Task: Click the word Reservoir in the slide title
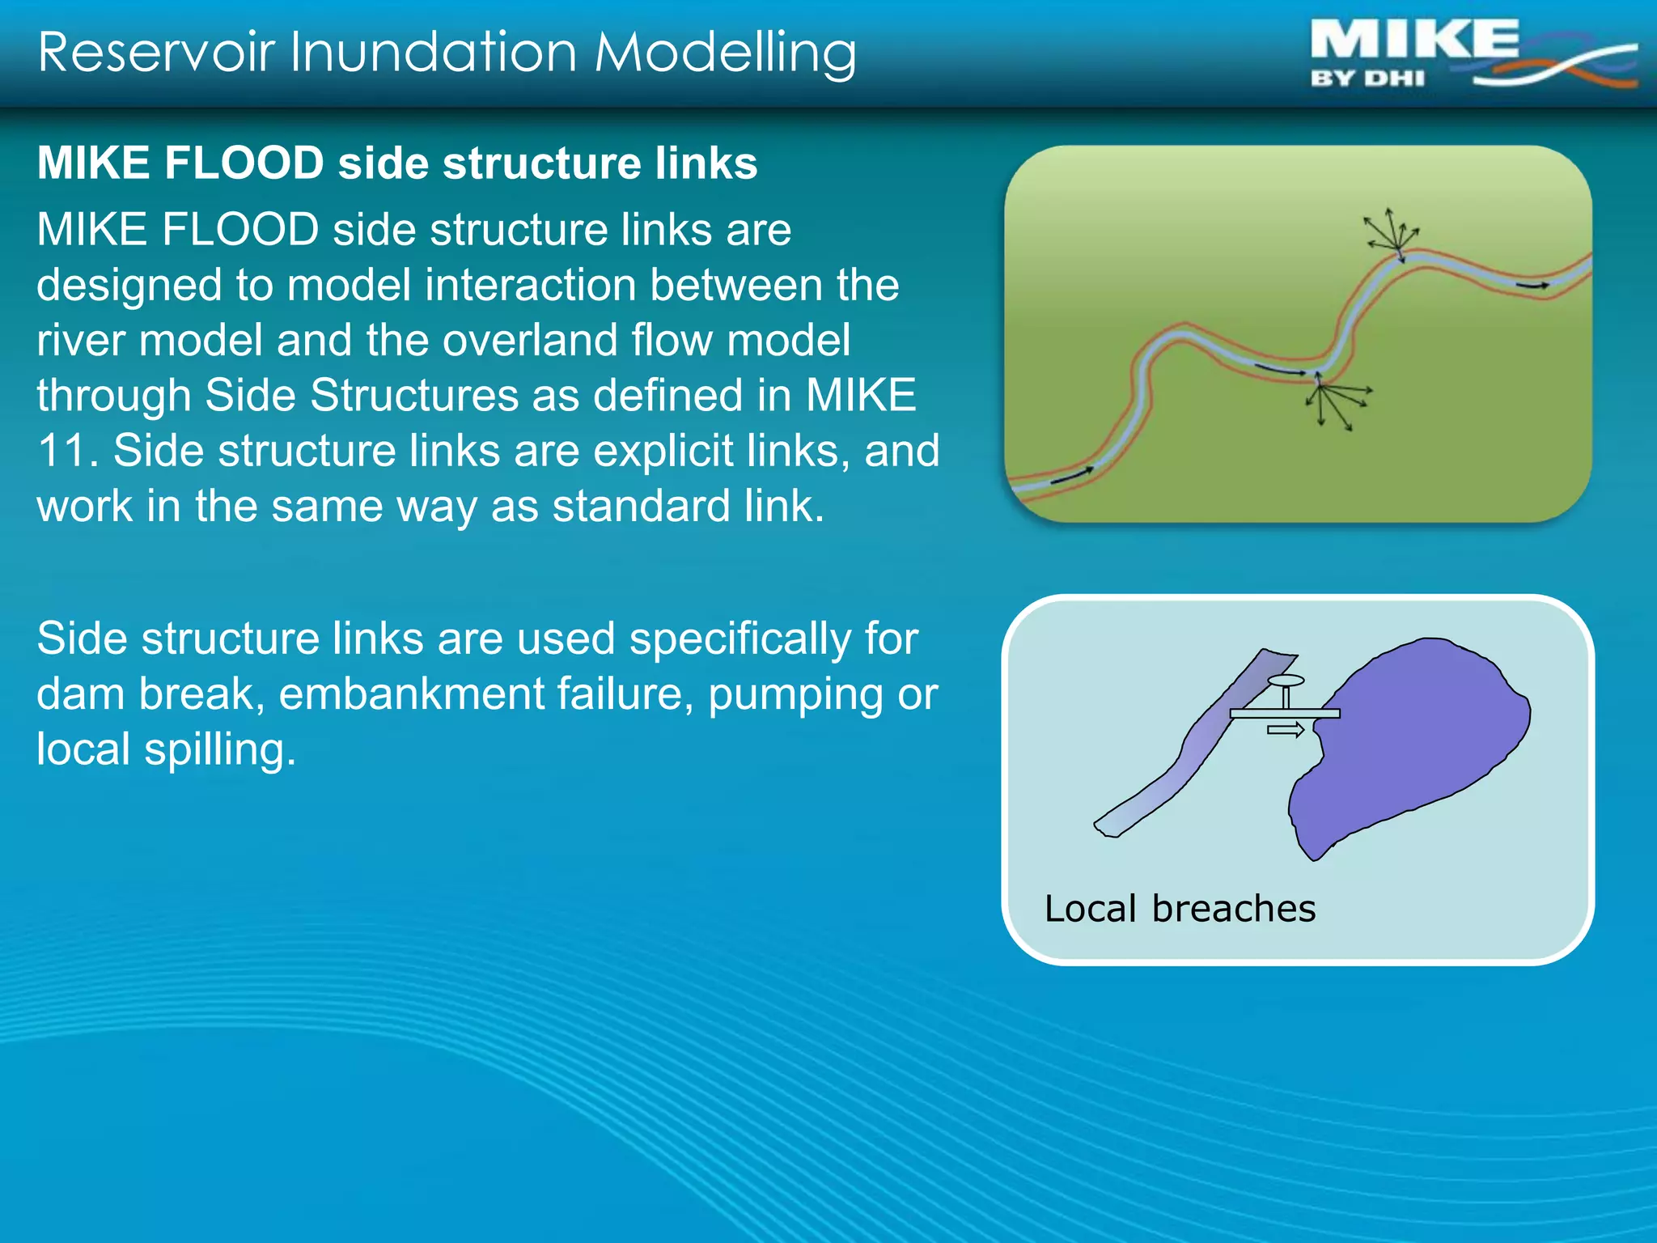coord(155,52)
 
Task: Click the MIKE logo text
coord(1413,40)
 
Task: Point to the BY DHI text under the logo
coord(1367,78)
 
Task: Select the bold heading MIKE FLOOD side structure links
coord(397,163)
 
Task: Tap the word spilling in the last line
coord(219,749)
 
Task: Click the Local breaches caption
coord(1179,908)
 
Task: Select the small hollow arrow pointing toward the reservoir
coord(1285,730)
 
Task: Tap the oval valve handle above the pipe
coord(1286,681)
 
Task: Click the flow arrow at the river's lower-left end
coord(1072,476)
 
